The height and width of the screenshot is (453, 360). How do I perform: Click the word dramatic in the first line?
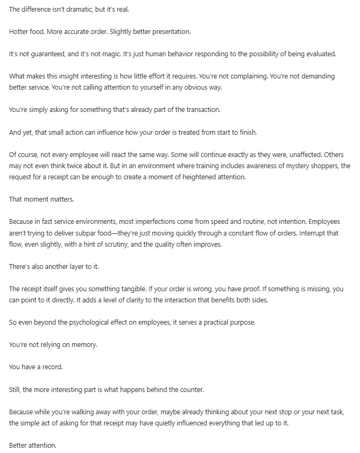point(76,10)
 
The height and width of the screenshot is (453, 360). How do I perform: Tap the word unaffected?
point(301,154)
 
